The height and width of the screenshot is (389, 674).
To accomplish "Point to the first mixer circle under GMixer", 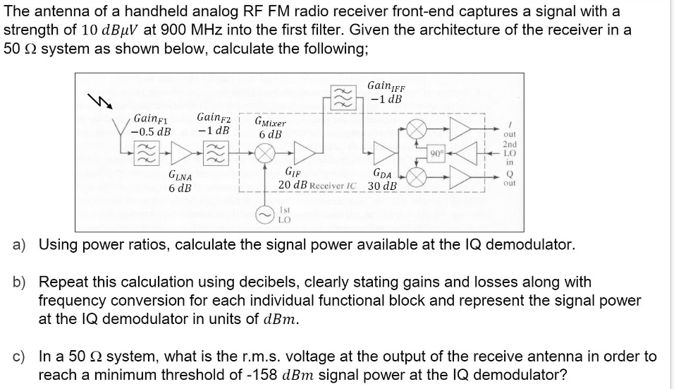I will pos(264,152).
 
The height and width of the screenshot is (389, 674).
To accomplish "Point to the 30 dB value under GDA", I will pos(382,186).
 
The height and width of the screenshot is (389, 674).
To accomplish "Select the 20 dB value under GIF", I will pos(291,185).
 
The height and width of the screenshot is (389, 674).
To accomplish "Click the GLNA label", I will pos(180,176).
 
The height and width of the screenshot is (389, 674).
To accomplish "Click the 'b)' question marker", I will pos(20,282).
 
